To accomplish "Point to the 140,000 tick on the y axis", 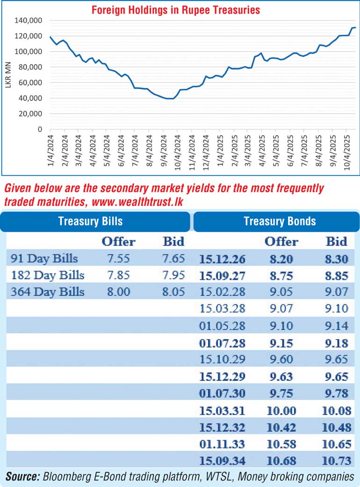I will coord(29,21).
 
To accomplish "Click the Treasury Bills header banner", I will coord(95,221).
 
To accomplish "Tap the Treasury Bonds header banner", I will coord(279,221).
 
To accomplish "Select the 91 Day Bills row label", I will coord(44,258).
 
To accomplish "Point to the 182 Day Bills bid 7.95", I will coord(173,275).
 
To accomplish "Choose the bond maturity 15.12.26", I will coord(223,258).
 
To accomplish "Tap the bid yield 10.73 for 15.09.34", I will coord(337,461).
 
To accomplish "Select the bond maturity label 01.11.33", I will coord(223,444).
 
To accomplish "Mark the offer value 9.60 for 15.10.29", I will coord(281,360).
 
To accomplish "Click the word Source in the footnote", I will coord(22,477).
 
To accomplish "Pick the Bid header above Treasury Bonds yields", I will coord(337,241).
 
